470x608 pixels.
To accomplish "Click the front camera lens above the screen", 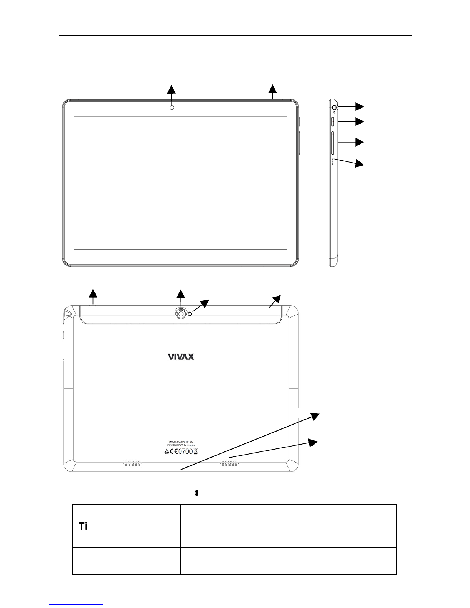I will pyautogui.click(x=172, y=107).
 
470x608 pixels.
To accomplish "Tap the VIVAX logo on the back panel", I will pyautogui.click(x=181, y=357).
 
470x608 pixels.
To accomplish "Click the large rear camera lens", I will pyautogui.click(x=181, y=313).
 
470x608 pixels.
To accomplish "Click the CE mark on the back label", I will pyautogui.click(x=175, y=451).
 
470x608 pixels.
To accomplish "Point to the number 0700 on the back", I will pyautogui.click(x=186, y=451).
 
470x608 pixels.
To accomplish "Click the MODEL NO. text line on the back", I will pyautogui.click(x=180, y=442).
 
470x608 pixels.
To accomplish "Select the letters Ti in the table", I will pyautogui.click(x=83, y=527).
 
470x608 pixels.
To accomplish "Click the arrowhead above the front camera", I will pyautogui.click(x=171, y=89).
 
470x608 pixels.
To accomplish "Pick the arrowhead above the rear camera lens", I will pyautogui.click(x=180, y=294).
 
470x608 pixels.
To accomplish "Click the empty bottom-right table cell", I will pyautogui.click(x=288, y=561).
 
